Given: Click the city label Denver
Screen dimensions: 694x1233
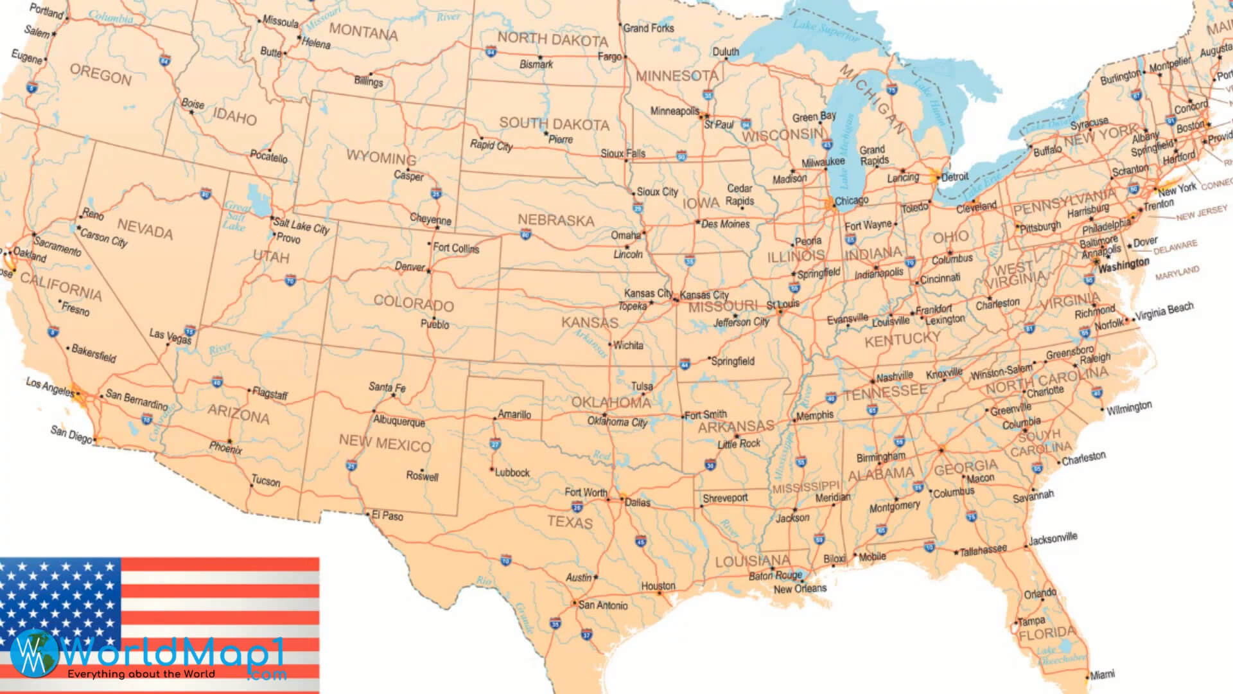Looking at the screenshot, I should (x=410, y=266).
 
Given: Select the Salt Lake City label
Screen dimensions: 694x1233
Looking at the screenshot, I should (x=301, y=226).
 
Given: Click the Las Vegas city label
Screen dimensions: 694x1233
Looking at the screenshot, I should (x=170, y=336).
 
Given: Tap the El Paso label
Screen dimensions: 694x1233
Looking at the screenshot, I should (x=387, y=516).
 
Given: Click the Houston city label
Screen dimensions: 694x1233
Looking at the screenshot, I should (x=658, y=585).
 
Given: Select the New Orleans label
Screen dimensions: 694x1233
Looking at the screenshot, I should (x=800, y=589).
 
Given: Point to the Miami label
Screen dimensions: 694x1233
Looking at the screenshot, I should (x=1102, y=674).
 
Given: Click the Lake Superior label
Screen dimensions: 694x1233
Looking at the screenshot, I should (x=825, y=30).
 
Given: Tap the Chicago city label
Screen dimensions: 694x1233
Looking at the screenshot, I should (x=851, y=200).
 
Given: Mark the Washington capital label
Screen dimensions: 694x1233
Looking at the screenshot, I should (x=1123, y=265).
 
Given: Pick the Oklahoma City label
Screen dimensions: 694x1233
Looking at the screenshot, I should (x=617, y=422).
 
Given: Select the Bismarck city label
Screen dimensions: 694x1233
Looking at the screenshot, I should (x=536, y=64).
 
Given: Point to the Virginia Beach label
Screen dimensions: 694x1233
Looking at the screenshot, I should (x=1164, y=312).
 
